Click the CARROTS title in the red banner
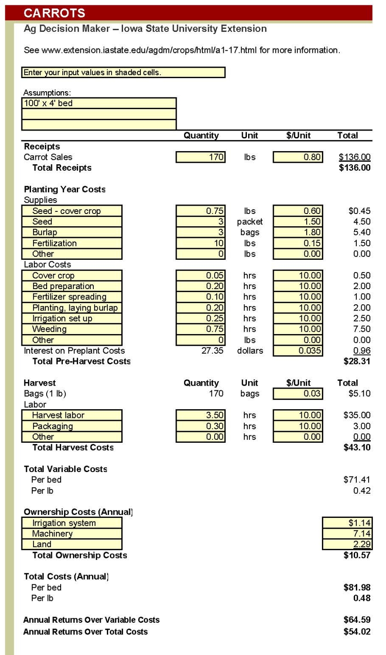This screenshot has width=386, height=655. pos(55,13)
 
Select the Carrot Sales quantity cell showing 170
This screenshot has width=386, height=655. pos(201,157)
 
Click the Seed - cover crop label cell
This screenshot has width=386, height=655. pos(72,211)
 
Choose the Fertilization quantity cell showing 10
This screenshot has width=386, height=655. pos(201,243)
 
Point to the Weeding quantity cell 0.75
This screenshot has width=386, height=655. pos(201,329)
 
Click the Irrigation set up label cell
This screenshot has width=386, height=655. pos(72,318)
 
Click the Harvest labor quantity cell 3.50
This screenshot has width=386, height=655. pos(201,415)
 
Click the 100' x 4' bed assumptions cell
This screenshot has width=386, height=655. pos(99,103)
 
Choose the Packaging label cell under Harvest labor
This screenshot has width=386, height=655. pos(72,426)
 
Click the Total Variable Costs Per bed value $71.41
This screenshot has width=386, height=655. pos(357,480)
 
